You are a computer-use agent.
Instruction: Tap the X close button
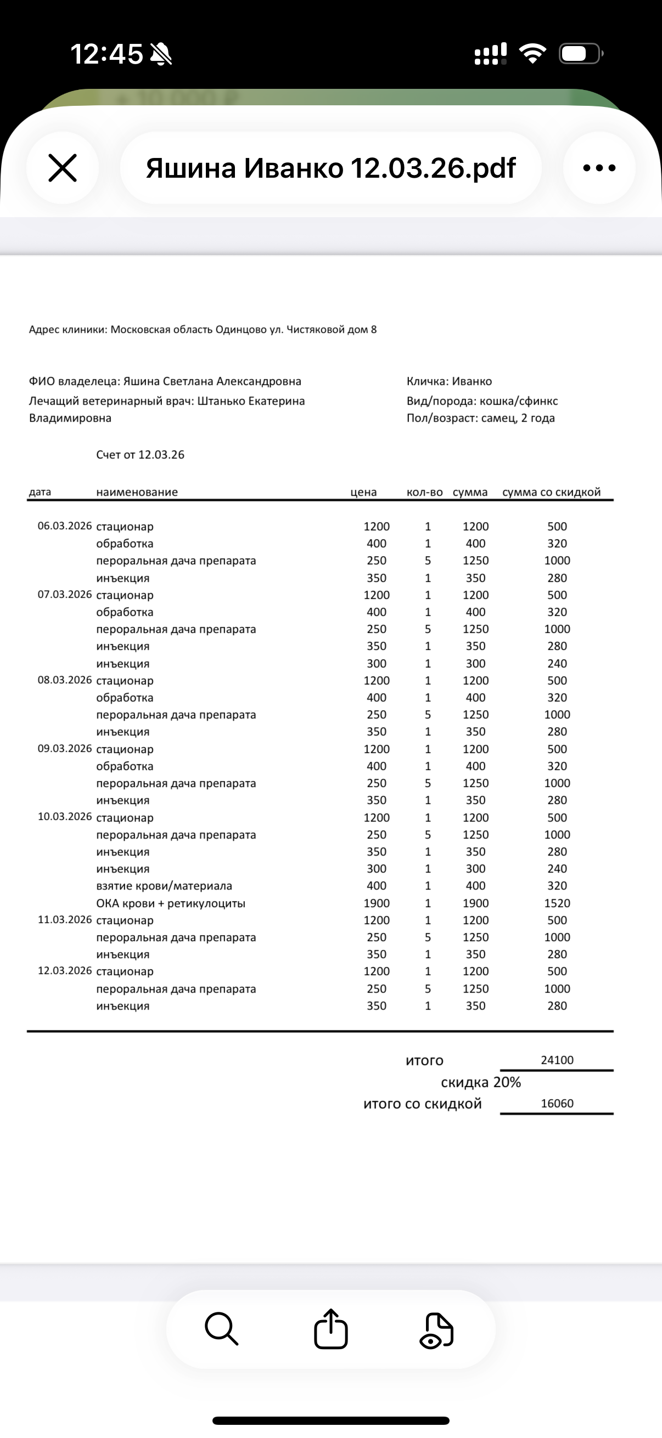click(63, 168)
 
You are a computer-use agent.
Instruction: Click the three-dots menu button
click(599, 168)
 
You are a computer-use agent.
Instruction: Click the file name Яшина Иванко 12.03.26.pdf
click(330, 168)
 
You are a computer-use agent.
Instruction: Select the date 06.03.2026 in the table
click(64, 526)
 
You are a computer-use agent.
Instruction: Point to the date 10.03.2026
click(64, 817)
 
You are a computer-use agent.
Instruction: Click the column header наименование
click(137, 492)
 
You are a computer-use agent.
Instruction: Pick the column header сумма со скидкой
click(551, 492)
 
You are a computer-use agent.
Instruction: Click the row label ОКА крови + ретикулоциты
click(170, 903)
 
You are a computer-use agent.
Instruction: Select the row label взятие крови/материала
click(164, 886)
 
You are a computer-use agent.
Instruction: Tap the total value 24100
click(557, 1060)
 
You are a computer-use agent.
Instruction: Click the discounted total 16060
click(557, 1103)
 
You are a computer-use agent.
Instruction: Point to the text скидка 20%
click(480, 1083)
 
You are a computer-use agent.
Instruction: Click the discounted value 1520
click(557, 903)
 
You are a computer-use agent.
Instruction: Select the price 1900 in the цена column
click(377, 903)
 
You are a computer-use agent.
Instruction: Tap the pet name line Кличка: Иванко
click(449, 381)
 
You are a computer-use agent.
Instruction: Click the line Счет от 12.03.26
click(140, 455)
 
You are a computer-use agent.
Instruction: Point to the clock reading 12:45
click(106, 54)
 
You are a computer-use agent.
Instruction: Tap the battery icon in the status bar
click(580, 54)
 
